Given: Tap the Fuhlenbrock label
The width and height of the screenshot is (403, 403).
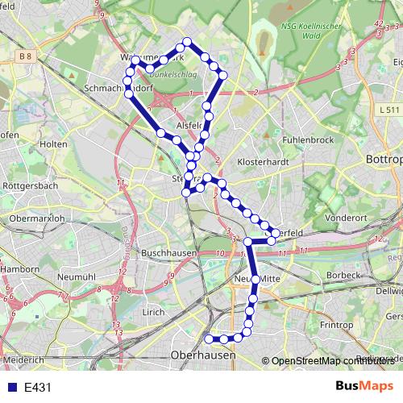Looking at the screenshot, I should [x=309, y=139].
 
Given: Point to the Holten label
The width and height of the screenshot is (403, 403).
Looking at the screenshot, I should [x=52, y=143].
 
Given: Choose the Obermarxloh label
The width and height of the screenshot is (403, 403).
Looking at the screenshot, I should [x=35, y=218].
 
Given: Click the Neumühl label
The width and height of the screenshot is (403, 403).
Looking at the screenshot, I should [x=77, y=276].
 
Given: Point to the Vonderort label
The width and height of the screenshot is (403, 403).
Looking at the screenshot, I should [x=347, y=218].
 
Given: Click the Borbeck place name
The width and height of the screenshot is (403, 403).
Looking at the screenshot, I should [x=345, y=275].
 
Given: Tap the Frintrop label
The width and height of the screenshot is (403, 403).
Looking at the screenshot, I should [x=337, y=325].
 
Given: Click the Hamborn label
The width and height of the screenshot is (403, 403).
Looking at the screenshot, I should [x=19, y=268].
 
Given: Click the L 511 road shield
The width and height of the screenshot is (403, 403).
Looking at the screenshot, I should [x=388, y=108].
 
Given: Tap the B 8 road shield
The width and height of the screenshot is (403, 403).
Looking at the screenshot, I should [x=26, y=56].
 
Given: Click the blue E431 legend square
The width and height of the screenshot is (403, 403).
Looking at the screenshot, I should [x=10, y=388].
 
